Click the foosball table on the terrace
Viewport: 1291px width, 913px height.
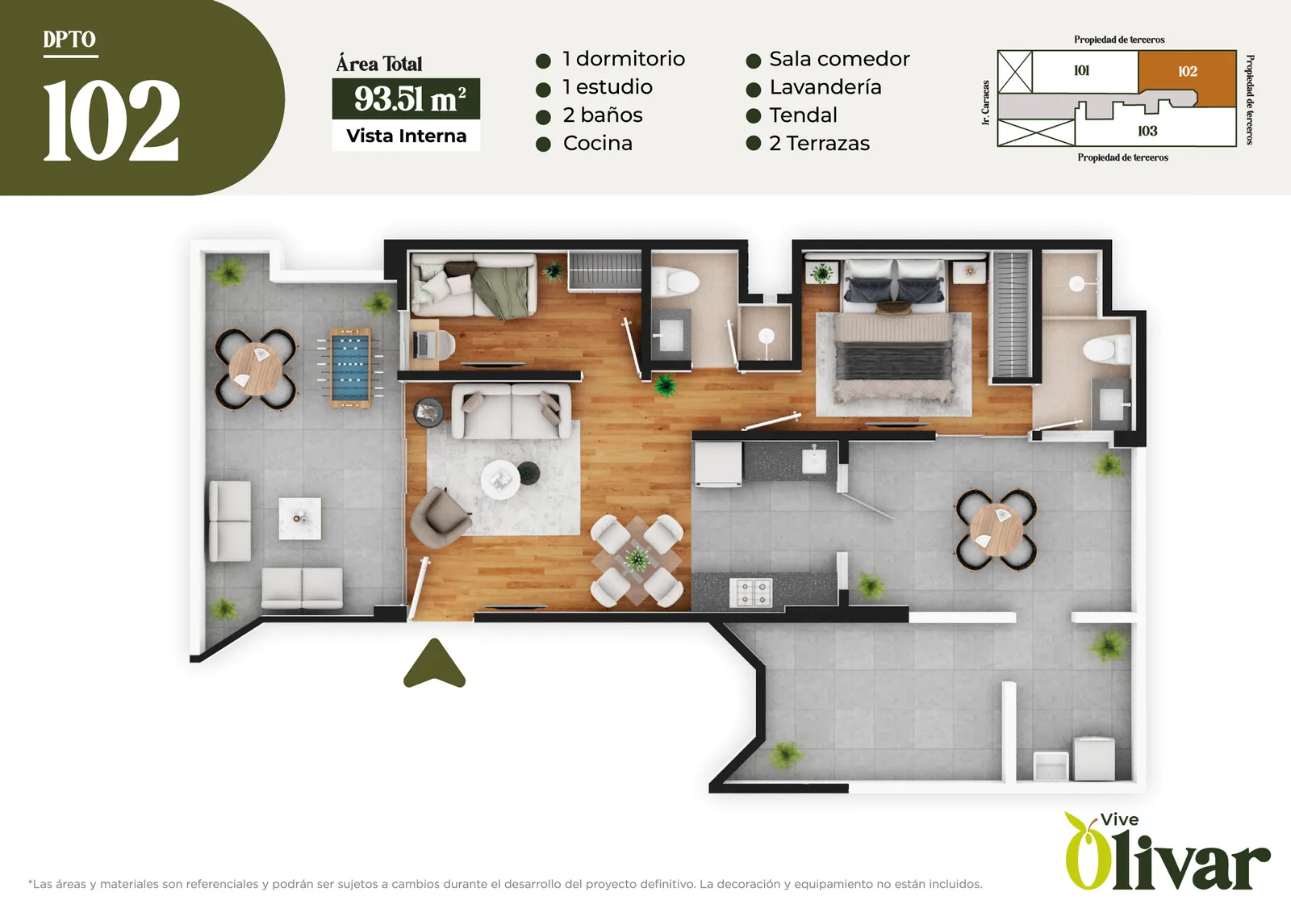pos(350,368)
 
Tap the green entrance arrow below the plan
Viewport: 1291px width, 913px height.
pos(434,664)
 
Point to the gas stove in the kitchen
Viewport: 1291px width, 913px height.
pos(751,593)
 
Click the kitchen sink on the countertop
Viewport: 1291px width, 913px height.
pos(814,460)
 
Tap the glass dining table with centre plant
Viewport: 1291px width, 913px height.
pos(637,559)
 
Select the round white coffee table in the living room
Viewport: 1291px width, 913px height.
pos(500,480)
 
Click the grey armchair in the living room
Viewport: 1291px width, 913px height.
pos(439,517)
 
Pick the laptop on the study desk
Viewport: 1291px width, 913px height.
pos(423,345)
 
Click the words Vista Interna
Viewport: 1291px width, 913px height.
pos(407,136)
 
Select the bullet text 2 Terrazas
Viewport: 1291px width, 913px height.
pos(819,143)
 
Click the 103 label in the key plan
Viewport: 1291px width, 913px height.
pos(1147,131)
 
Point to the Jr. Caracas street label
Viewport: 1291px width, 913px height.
pos(985,102)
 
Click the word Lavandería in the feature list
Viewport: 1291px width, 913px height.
pos(825,87)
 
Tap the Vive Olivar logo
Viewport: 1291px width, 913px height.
pos(1167,852)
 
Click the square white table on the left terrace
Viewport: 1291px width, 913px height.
pos(299,518)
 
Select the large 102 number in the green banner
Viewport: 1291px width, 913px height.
pos(111,120)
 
